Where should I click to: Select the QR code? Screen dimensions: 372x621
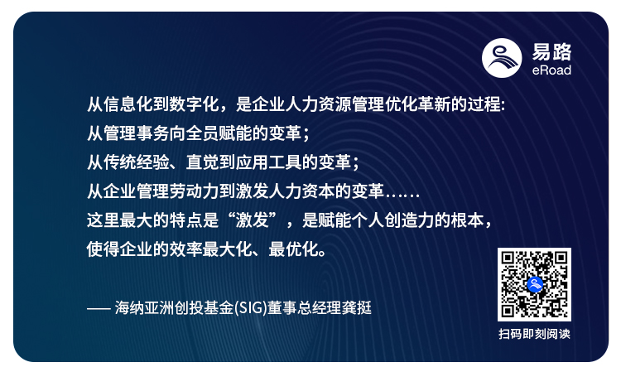534,284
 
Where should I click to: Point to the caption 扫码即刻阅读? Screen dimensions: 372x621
534,334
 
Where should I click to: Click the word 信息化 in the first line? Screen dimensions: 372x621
129,106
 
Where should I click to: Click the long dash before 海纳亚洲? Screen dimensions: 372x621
99,308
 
